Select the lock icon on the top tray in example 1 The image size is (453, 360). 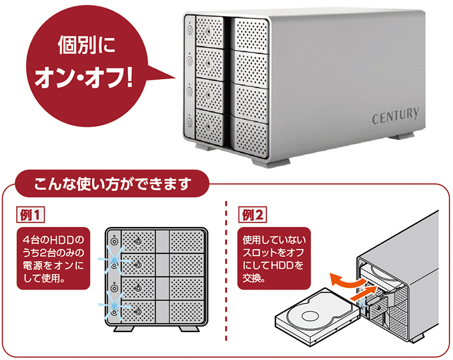(x=138, y=241)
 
